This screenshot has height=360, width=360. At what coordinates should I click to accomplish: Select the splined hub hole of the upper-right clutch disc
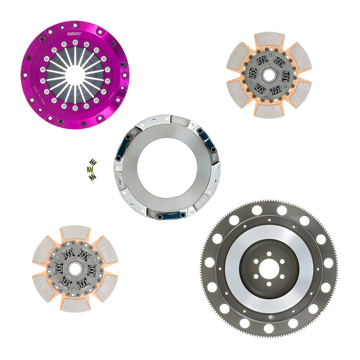click(269, 74)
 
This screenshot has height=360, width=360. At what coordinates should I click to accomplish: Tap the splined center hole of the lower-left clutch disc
click(75, 270)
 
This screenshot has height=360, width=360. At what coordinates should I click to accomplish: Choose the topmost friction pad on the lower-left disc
click(75, 233)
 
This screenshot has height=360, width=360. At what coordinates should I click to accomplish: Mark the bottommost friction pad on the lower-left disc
click(75, 305)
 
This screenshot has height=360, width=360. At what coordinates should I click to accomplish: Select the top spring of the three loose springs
click(93, 162)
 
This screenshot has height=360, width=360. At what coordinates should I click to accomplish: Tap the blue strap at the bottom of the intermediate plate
click(171, 216)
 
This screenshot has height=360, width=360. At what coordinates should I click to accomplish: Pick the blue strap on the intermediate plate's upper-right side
click(206, 139)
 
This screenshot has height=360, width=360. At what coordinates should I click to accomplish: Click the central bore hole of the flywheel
click(269, 269)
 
